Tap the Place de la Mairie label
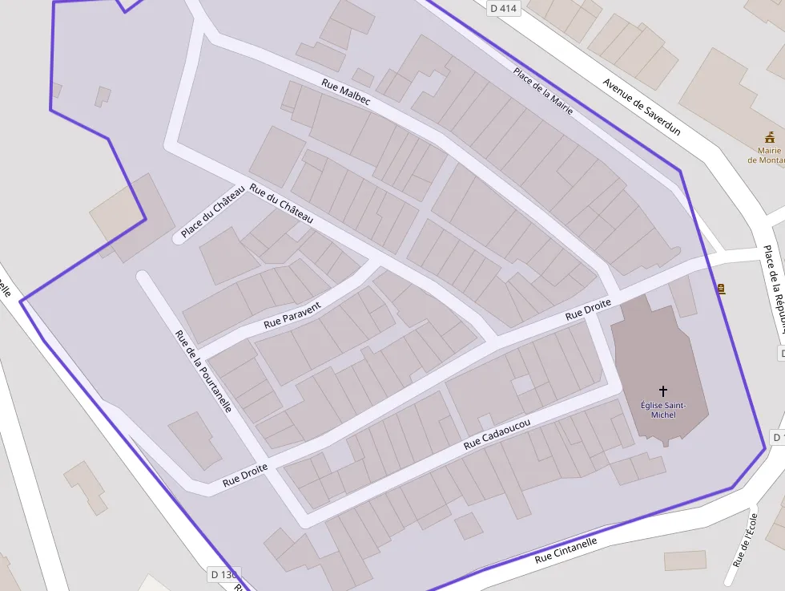click(543, 91)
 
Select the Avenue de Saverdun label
click(642, 107)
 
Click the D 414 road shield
click(504, 8)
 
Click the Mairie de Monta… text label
click(766, 155)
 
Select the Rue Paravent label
click(292, 315)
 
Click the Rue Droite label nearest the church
click(588, 310)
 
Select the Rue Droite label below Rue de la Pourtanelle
click(245, 477)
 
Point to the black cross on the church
click(662, 391)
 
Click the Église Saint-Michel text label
click(663, 410)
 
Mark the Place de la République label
click(774, 289)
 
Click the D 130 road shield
click(224, 574)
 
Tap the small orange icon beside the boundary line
click(722, 288)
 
